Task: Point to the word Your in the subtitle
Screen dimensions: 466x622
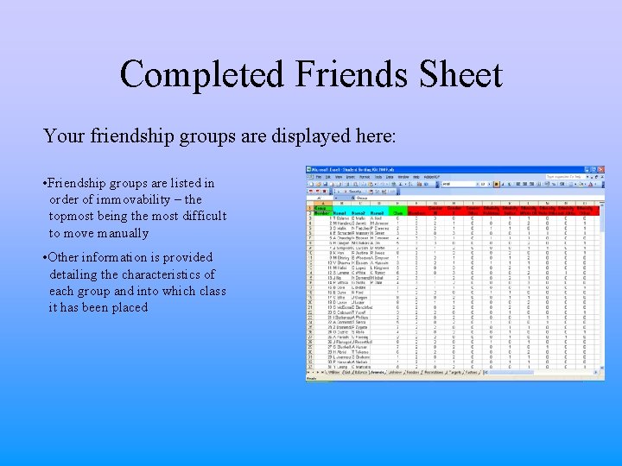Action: click(x=61, y=136)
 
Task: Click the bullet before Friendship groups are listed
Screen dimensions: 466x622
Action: click(x=44, y=184)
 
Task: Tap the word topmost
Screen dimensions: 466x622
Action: click(x=73, y=217)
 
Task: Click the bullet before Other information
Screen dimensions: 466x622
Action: click(x=44, y=258)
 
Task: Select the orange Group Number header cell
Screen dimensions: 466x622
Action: click(x=321, y=211)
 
